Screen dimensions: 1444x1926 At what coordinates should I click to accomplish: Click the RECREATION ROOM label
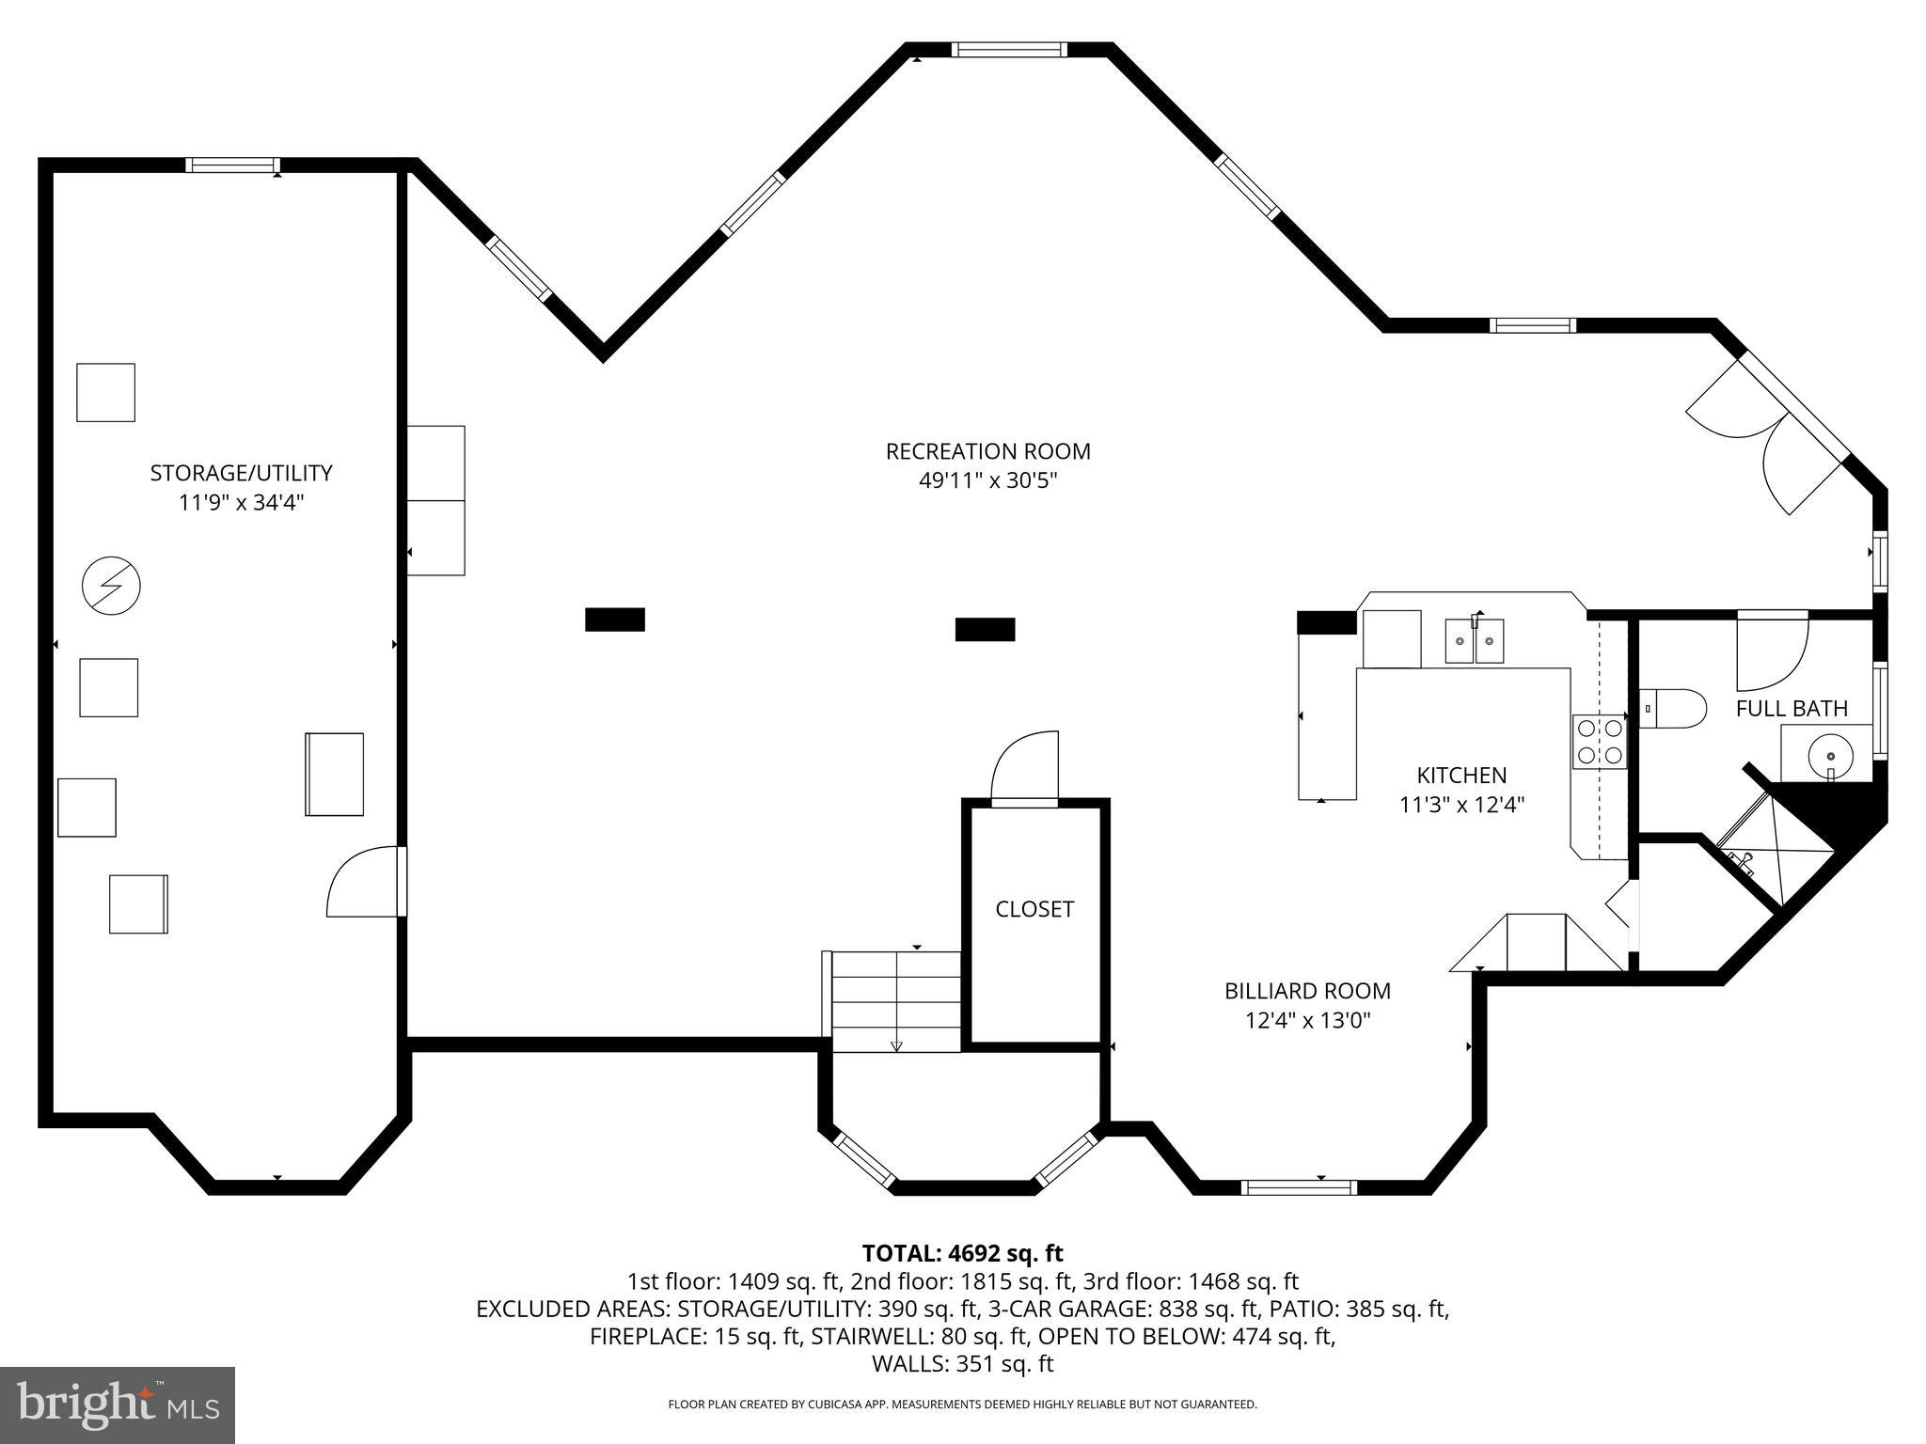[x=987, y=451]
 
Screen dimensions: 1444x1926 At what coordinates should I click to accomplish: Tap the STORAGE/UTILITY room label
[x=241, y=473]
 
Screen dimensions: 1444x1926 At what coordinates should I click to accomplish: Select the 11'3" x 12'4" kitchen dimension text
[x=1461, y=805]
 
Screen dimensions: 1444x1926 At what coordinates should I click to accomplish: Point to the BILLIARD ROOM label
[x=1307, y=991]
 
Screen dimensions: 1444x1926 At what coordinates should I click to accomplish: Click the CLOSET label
[x=1034, y=909]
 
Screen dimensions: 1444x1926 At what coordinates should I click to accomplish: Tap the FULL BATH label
[x=1792, y=709]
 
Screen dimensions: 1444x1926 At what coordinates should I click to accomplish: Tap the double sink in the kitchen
[x=1474, y=641]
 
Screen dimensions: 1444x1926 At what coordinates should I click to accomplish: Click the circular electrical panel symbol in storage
[x=111, y=587]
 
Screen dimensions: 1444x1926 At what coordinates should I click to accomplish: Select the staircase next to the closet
[x=896, y=1001]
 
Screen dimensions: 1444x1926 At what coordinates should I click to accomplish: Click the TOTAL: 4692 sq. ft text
[x=962, y=1253]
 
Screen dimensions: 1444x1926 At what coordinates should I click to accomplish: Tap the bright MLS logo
[x=118, y=1405]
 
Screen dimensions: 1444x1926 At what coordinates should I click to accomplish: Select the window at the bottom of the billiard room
[x=1299, y=1187]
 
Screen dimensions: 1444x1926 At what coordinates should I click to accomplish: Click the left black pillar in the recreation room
[x=615, y=620]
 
